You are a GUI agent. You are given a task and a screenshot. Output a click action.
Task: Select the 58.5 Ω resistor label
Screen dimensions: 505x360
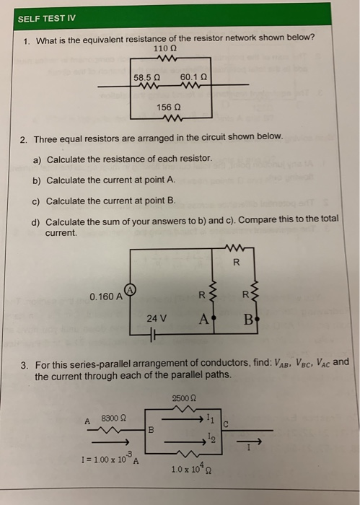tap(147, 76)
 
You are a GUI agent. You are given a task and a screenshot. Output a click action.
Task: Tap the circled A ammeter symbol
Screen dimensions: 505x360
tap(131, 290)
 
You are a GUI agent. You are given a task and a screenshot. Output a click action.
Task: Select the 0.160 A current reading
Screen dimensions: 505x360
tap(105, 297)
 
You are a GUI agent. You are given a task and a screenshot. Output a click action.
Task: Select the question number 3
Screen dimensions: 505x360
tap(24, 364)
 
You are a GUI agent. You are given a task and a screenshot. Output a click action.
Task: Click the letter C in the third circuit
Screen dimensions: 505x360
tap(226, 424)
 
